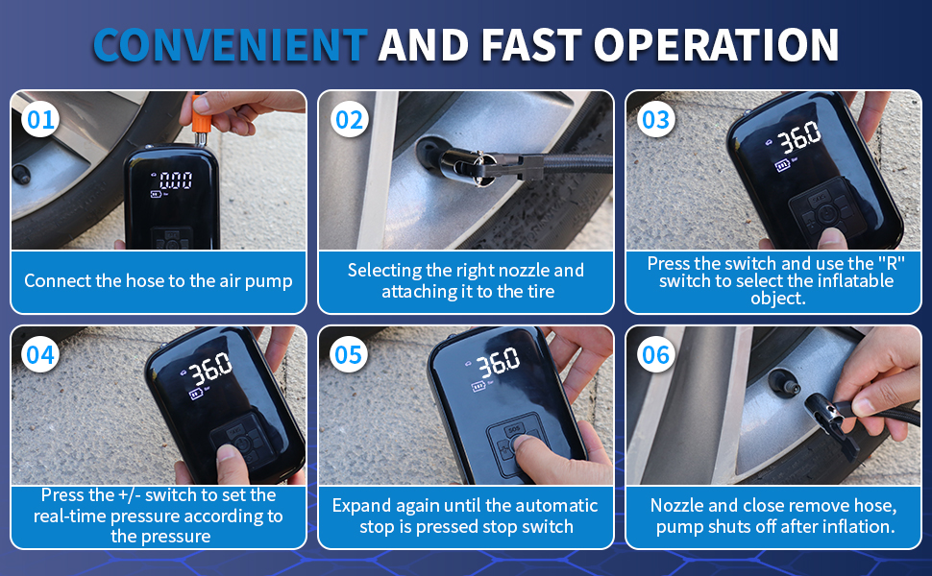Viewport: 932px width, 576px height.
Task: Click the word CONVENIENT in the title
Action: (x=230, y=45)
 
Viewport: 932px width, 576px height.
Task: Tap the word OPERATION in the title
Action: (x=716, y=45)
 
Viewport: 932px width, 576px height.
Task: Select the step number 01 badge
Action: (x=39, y=120)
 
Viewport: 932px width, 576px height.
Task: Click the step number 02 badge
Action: (x=349, y=120)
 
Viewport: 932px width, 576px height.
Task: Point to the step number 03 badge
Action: (x=655, y=120)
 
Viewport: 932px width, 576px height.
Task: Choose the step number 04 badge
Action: (x=39, y=355)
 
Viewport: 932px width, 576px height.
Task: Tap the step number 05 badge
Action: (x=349, y=355)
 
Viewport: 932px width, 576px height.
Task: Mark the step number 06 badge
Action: (x=655, y=355)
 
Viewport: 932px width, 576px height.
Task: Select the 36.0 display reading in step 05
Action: (x=498, y=362)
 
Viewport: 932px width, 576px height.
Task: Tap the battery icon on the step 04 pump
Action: (x=196, y=394)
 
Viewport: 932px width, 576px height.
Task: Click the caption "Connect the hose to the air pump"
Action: (x=159, y=281)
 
